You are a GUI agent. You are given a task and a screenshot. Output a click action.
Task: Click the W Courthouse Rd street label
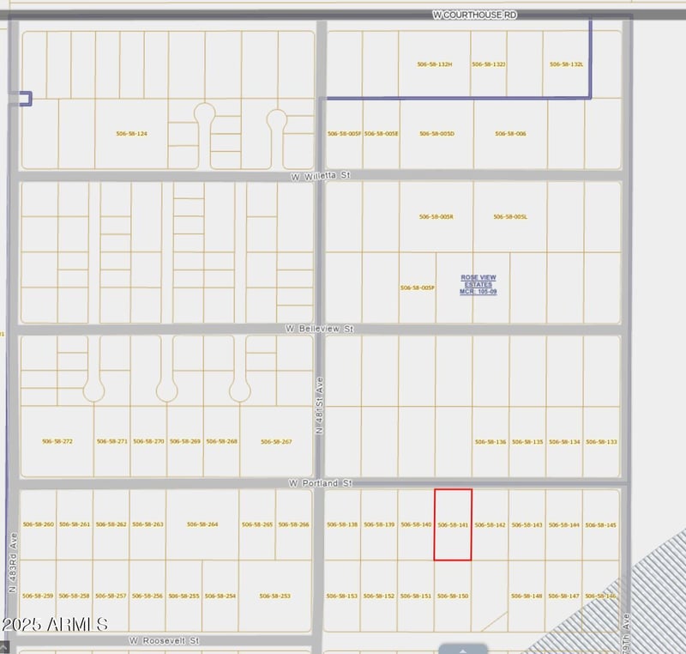pos(474,15)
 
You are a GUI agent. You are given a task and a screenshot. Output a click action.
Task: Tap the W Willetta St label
pos(322,175)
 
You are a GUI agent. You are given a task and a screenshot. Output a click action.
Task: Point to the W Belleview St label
pos(320,329)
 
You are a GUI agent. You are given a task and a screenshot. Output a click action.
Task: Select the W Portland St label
pos(321,483)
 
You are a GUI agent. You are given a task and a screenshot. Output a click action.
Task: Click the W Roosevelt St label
pos(165,640)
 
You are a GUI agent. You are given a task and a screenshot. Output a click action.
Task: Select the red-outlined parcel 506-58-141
pos(453,524)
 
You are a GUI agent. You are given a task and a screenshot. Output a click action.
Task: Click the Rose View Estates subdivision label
pos(478,284)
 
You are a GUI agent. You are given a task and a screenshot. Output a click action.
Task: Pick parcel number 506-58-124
pos(131,134)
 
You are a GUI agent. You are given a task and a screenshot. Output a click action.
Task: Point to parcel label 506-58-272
pos(57,441)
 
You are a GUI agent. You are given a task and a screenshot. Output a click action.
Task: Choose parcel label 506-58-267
pos(276,441)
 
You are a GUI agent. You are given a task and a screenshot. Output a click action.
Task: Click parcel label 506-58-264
pos(202,524)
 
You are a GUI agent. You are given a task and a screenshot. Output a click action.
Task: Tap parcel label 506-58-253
pos(274,596)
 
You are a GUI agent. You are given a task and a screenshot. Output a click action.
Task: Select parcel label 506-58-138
pos(342,524)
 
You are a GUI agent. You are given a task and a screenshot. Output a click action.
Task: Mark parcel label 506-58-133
pos(601,441)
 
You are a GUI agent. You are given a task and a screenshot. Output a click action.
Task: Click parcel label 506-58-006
pos(510,134)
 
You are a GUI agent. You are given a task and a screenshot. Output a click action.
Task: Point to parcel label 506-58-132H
pos(435,64)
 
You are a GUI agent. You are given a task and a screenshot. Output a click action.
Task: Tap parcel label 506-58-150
pos(453,596)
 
